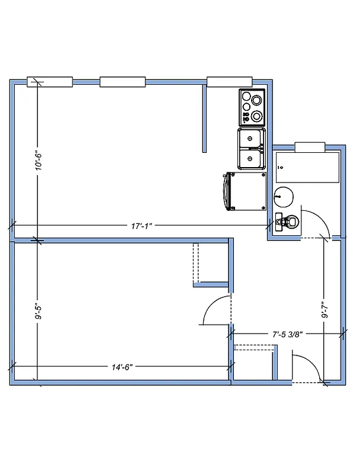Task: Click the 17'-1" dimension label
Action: click(x=142, y=226)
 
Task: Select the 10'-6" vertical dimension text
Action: click(x=38, y=159)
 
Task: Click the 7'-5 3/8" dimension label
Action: click(x=288, y=334)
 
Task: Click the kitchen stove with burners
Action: click(x=252, y=107)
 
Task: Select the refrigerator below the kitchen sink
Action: click(x=245, y=191)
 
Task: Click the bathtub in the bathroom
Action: click(x=307, y=168)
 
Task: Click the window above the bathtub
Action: click(x=310, y=146)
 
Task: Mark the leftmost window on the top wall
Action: click(x=50, y=82)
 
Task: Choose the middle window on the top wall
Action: click(x=123, y=82)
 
